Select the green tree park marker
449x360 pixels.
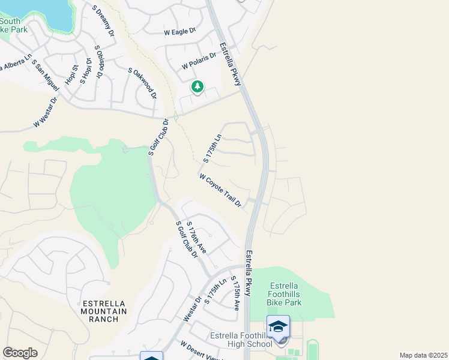197,88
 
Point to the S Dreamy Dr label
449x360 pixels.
103,22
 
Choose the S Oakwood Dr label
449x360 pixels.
142,83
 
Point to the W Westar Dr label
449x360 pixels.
46,112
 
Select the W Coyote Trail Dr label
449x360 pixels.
220,191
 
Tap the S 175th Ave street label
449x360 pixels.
235,294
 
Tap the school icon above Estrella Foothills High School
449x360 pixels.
278,327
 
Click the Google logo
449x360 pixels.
20,353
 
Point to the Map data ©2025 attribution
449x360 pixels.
423,355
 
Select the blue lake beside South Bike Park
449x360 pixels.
45,11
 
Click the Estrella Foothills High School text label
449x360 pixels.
246,340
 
